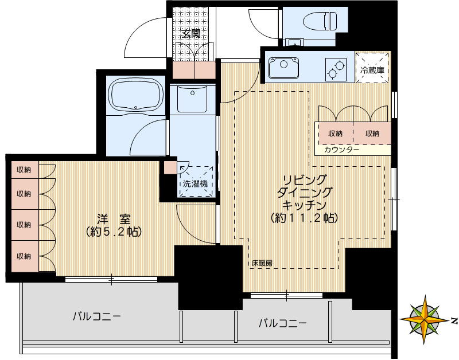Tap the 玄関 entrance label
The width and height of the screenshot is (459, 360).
coord(191,33)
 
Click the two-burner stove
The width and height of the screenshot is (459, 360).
coord(336,69)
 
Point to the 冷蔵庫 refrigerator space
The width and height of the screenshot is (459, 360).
coord(372,69)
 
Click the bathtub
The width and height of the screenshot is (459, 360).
coord(134,96)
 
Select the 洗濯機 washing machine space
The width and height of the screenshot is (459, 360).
coord(195,183)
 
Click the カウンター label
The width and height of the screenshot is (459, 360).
coord(341,150)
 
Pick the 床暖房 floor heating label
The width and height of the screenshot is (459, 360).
coord(262,264)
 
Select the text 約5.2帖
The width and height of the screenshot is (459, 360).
coord(113,232)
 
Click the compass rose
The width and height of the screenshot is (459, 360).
coord(425,319)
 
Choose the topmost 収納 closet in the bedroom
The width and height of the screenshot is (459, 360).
coord(24,170)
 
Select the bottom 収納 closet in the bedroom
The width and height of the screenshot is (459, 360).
coord(24,256)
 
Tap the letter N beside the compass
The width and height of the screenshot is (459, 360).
coord(453,319)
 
